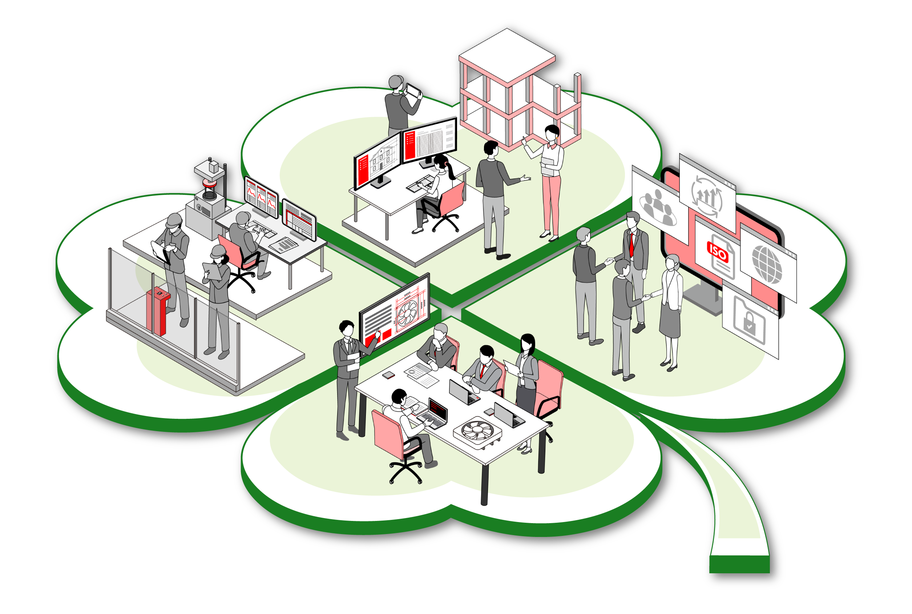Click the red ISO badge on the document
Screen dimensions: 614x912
(x=717, y=252)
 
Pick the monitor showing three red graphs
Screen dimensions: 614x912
(x=261, y=196)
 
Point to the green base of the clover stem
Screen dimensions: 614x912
(x=739, y=564)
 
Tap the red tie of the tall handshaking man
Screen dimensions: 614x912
(x=631, y=244)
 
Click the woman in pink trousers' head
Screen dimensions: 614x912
(x=552, y=133)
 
